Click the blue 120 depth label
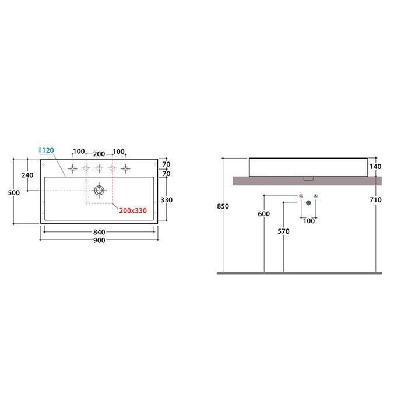[x=48, y=150]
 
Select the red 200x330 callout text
[x=133, y=210]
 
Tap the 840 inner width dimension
[x=99, y=232]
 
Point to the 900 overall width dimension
[x=99, y=240]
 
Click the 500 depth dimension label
[x=14, y=193]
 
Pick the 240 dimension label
[x=27, y=175]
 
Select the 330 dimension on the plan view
[x=167, y=200]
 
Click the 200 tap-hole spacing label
[x=99, y=154]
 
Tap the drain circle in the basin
[x=99, y=191]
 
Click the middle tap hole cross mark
[x=99, y=168]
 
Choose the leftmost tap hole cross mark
[x=73, y=168]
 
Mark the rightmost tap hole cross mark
[x=125, y=168]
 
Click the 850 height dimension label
[x=223, y=206]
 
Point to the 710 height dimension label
[x=375, y=200]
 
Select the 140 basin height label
[x=375, y=167]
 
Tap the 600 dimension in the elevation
[x=264, y=214]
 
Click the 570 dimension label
[x=284, y=231]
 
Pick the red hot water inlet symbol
[x=301, y=196]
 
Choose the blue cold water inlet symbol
[x=316, y=196]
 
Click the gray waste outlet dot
[x=308, y=203]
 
